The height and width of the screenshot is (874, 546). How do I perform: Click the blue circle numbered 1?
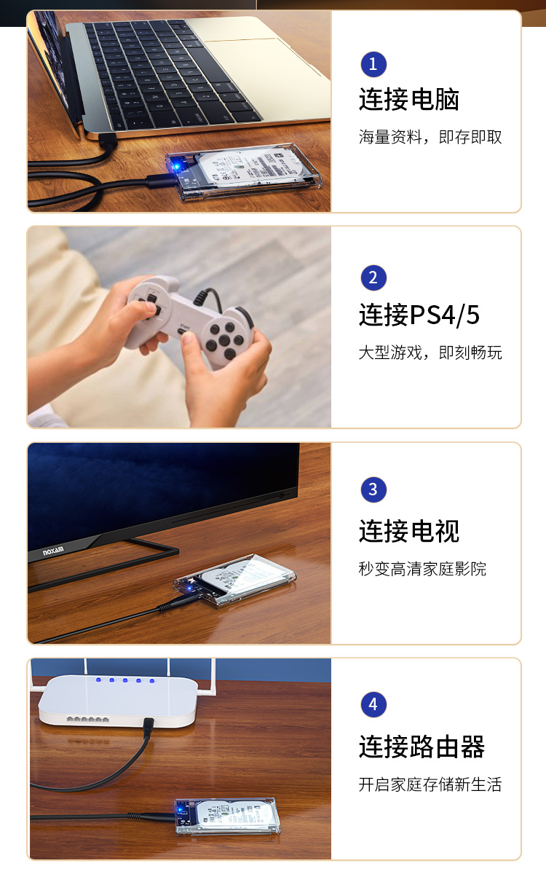pyautogui.click(x=373, y=64)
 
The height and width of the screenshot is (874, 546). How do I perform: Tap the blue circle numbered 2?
pyautogui.click(x=373, y=277)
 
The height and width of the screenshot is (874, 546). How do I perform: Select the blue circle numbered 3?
pyautogui.click(x=373, y=489)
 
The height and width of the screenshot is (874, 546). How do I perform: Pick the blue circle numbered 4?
pyautogui.click(x=373, y=704)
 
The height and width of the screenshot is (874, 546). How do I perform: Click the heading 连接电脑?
pyautogui.click(x=408, y=99)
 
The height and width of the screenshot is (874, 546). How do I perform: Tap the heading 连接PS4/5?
pyautogui.click(x=419, y=315)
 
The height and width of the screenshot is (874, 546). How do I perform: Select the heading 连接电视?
pyautogui.click(x=408, y=531)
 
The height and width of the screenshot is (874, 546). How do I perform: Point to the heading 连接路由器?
pyautogui.click(x=422, y=747)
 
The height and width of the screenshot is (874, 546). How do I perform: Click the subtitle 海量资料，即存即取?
pyautogui.click(x=430, y=137)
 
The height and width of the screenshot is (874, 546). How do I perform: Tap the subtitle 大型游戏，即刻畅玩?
pyautogui.click(x=430, y=353)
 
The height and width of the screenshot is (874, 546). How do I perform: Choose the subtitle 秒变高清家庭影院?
pyautogui.click(x=422, y=569)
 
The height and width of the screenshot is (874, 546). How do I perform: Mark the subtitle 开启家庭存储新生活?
pyautogui.click(x=430, y=784)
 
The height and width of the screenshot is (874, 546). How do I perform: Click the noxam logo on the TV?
pyautogui.click(x=53, y=551)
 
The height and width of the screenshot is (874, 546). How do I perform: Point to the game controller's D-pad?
pyautogui.click(x=150, y=307)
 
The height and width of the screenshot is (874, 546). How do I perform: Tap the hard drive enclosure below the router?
pyautogui.click(x=227, y=816)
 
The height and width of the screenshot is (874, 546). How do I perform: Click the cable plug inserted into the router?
pyautogui.click(x=148, y=728)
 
